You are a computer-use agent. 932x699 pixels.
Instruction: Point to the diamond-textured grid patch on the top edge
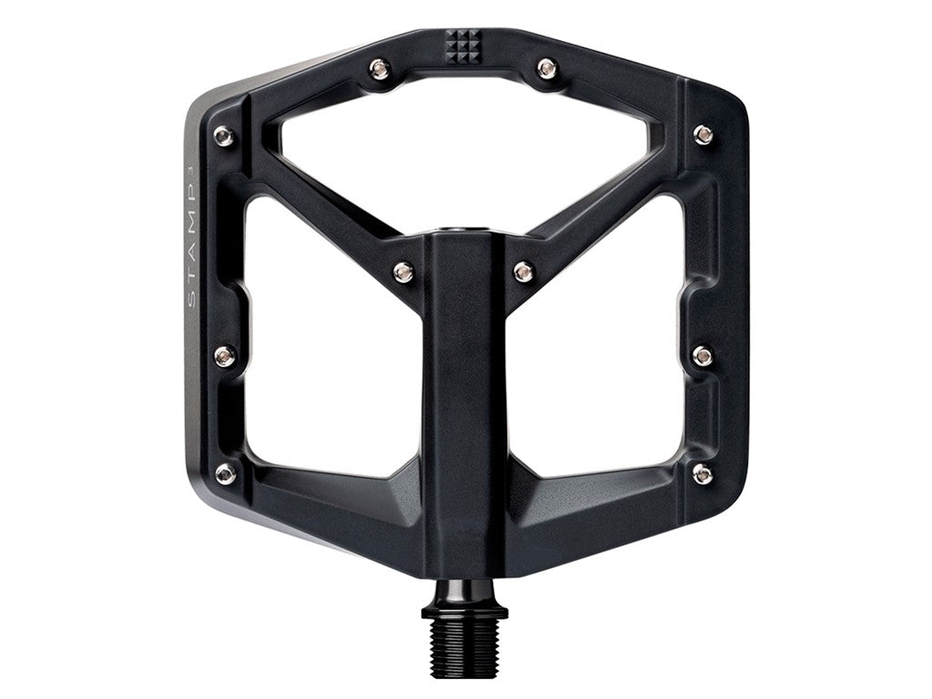tap(463, 44)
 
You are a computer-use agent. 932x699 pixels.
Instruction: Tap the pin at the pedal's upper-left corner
tap(223, 137)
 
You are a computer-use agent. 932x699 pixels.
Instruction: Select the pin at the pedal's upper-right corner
tap(703, 135)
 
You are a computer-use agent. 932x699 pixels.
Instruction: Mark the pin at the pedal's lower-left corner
tap(225, 473)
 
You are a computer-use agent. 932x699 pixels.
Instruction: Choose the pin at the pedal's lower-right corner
tap(703, 473)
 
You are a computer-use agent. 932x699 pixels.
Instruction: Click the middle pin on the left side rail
tap(224, 355)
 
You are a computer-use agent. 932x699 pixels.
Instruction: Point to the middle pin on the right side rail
tap(702, 355)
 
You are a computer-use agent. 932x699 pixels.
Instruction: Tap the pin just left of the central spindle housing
tap(403, 271)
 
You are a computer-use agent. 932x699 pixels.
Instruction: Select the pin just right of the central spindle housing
tap(523, 271)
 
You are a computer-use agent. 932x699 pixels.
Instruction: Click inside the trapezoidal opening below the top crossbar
tap(464, 155)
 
